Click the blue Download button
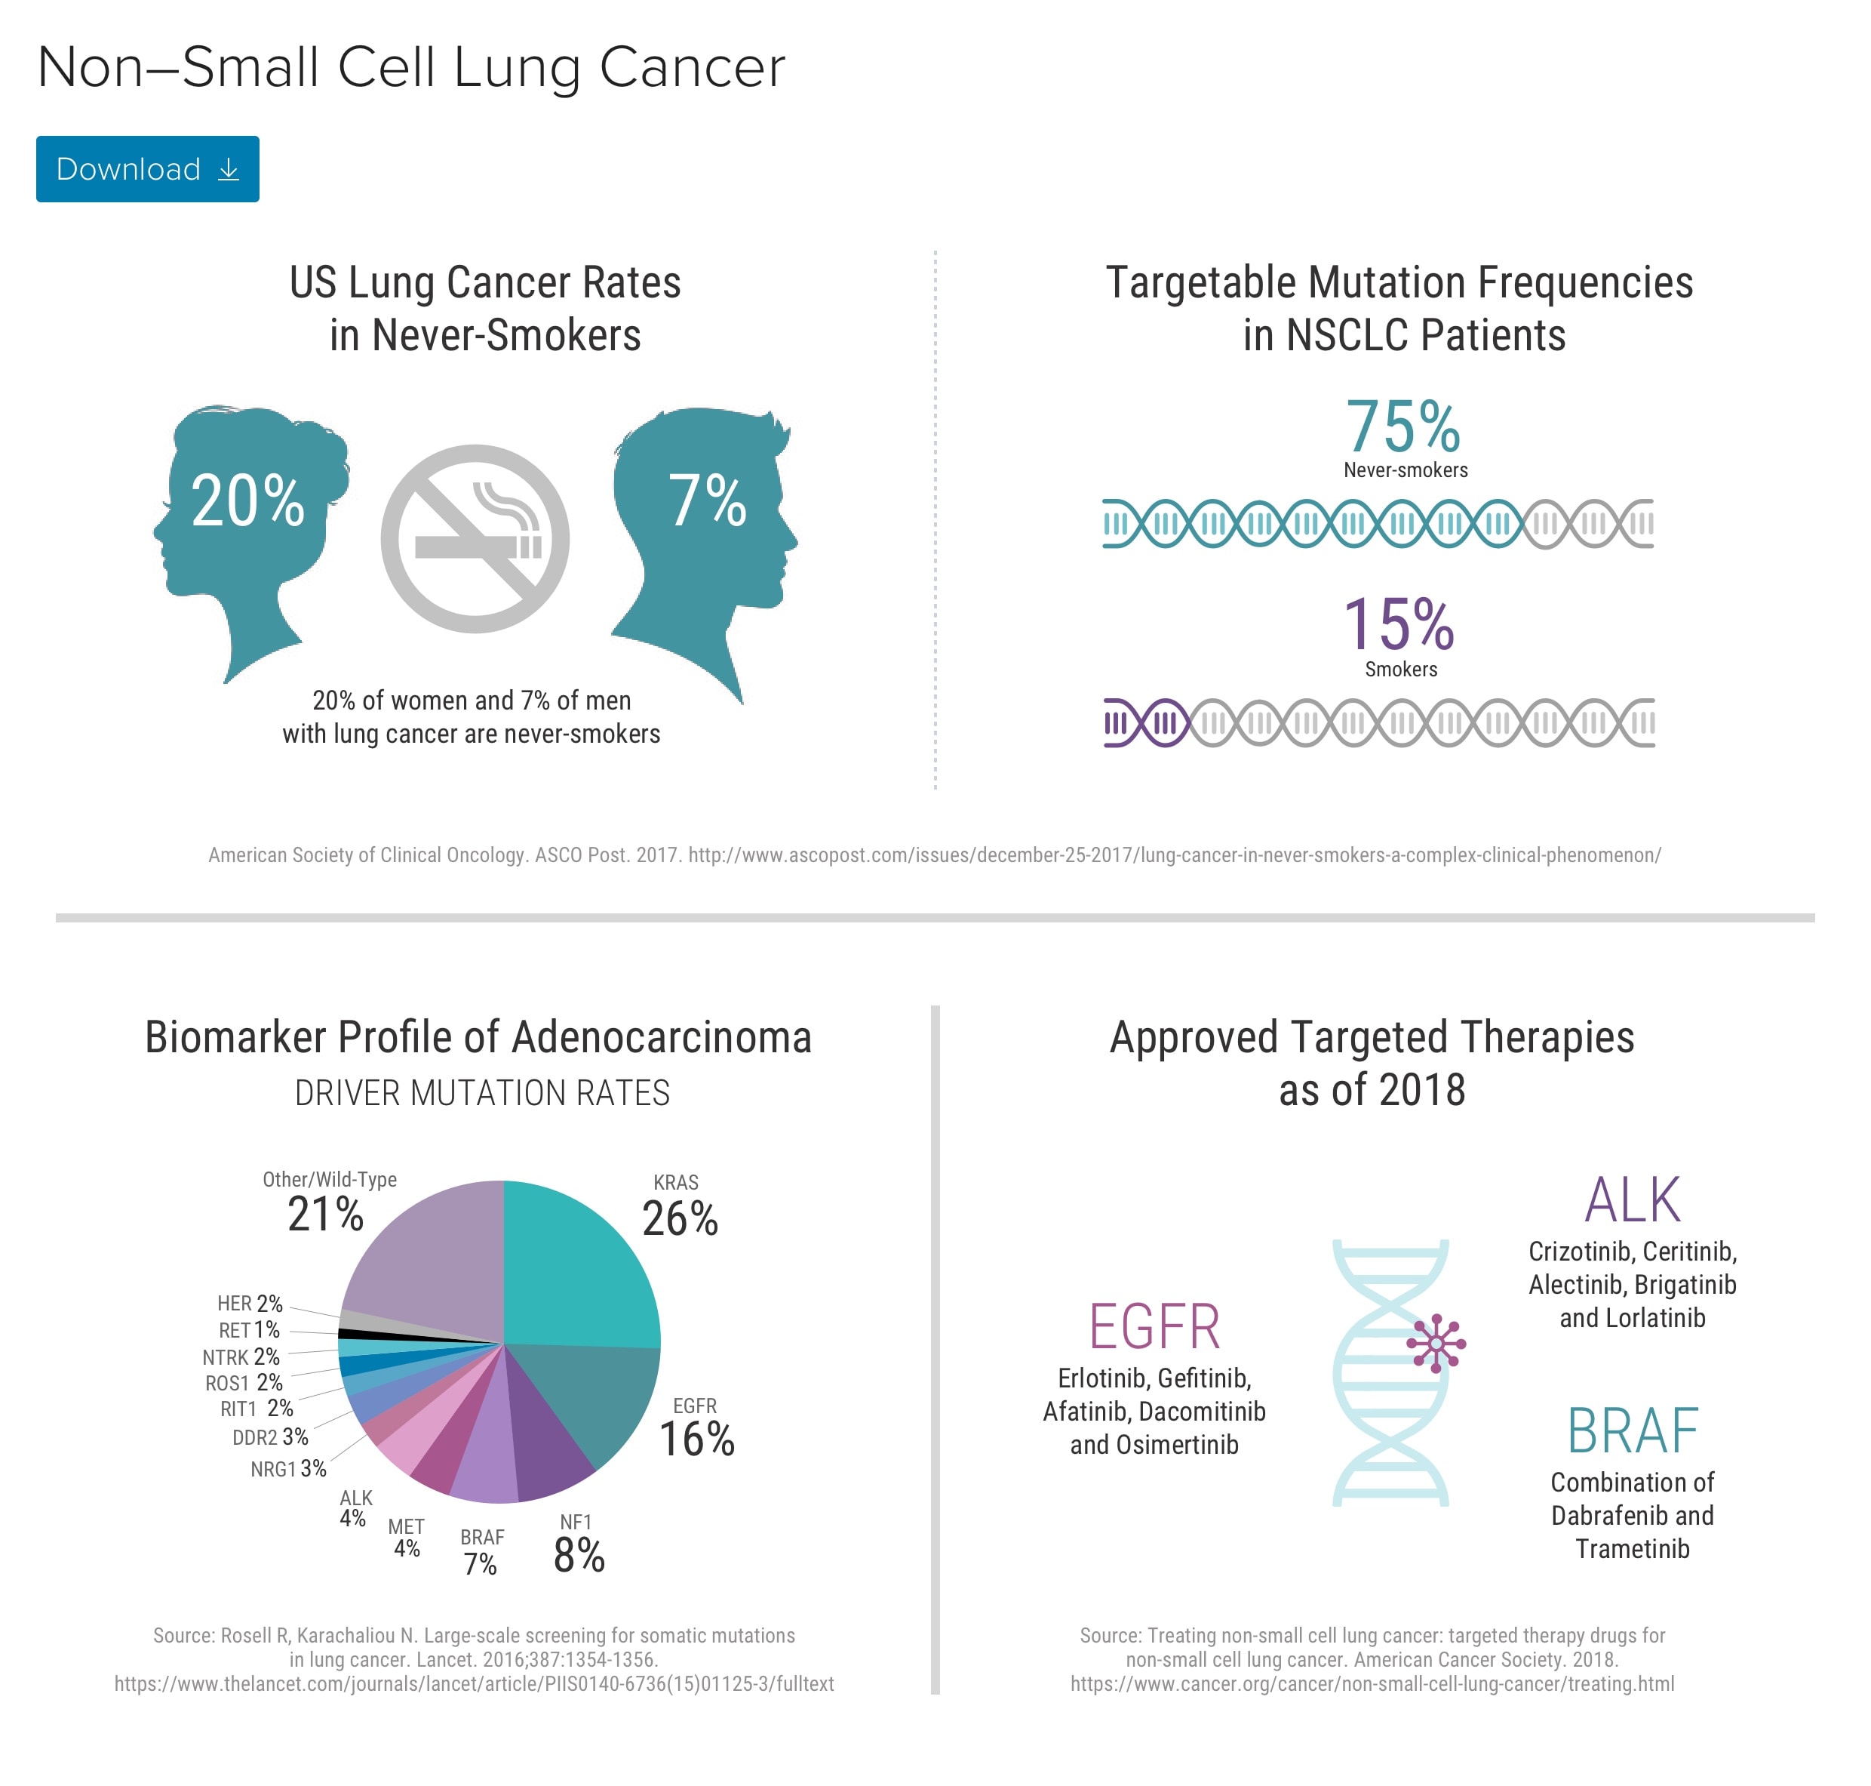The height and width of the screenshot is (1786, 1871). click(x=148, y=168)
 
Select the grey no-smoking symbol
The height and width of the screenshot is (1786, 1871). click(x=475, y=539)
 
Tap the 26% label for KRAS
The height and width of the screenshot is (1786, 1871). click(x=680, y=1218)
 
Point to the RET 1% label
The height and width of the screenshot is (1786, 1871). click(x=249, y=1330)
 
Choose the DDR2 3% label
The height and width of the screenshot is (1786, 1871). click(x=270, y=1436)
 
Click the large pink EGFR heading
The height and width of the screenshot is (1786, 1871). click(x=1154, y=1327)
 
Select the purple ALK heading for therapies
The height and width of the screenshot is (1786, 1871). click(x=1631, y=1199)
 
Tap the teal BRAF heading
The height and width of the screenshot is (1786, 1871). click(x=1631, y=1431)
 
